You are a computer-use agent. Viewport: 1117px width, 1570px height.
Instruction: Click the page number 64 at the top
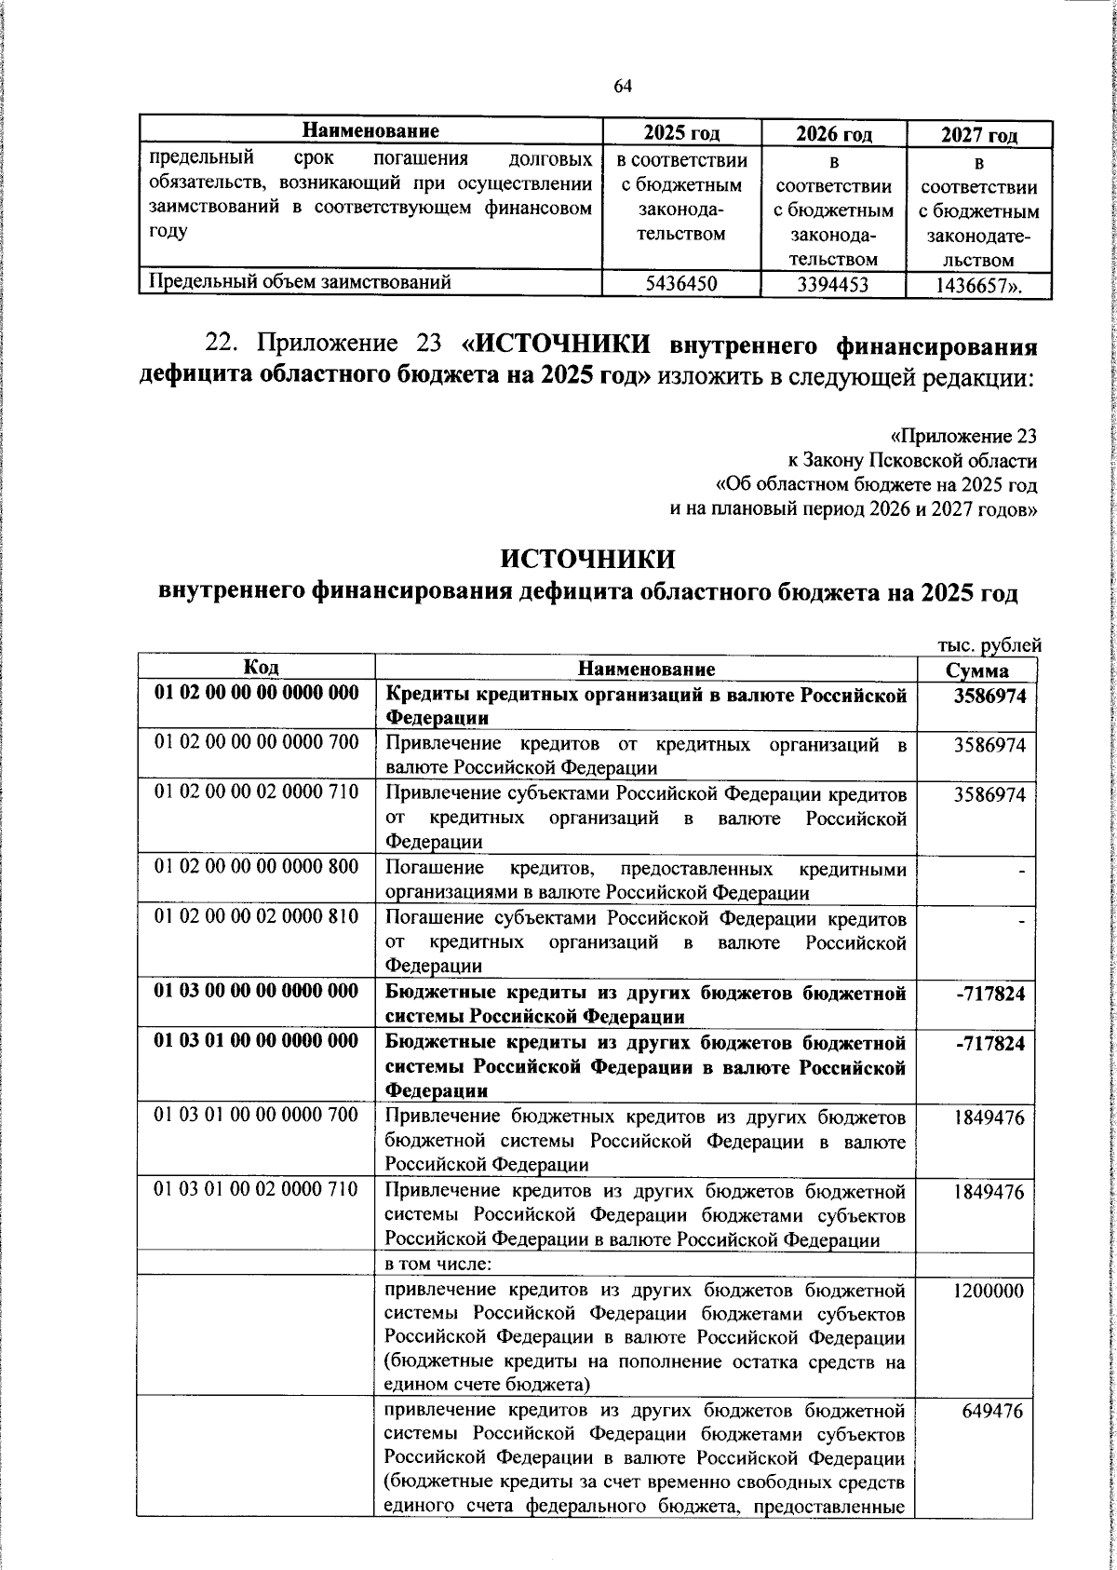[x=623, y=87]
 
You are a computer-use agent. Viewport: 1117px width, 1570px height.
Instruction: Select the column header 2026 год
[x=833, y=135]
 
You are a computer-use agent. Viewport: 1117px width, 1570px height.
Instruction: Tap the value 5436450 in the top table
[x=680, y=284]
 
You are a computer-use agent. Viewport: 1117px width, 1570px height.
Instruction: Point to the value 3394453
[x=833, y=285]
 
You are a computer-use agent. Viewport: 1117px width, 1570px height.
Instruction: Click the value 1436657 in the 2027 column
[x=977, y=286]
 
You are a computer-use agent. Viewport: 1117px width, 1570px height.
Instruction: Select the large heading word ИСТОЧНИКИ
[x=587, y=559]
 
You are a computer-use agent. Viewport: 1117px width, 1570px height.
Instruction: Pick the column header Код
[x=257, y=668]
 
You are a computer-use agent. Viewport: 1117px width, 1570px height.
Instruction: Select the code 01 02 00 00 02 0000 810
[x=256, y=916]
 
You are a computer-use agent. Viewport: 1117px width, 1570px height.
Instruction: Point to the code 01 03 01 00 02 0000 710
[x=256, y=1192]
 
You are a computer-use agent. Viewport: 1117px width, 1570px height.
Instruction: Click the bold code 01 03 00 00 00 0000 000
[x=256, y=992]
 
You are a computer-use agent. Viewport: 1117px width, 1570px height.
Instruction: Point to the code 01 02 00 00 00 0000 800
[x=256, y=867]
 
